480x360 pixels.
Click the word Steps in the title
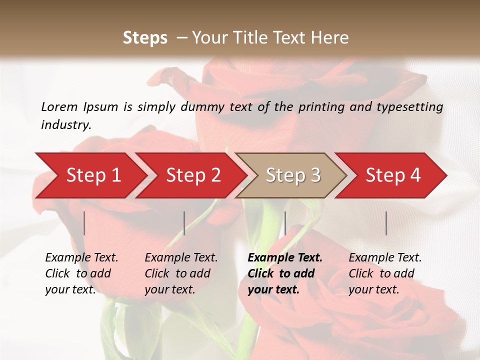pyautogui.click(x=145, y=37)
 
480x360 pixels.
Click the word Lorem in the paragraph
pyautogui.click(x=59, y=106)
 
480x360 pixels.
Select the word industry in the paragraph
pyautogui.click(x=65, y=124)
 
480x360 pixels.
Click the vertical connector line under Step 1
pyautogui.click(x=84, y=223)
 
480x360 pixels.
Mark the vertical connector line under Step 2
pyautogui.click(x=184, y=223)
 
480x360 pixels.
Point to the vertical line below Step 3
pyautogui.click(x=285, y=223)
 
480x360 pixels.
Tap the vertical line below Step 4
pyautogui.click(x=386, y=223)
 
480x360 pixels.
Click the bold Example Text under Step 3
pyautogui.click(x=285, y=258)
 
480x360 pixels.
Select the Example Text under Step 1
pyautogui.click(x=81, y=258)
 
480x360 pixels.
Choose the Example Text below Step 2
pyautogui.click(x=181, y=258)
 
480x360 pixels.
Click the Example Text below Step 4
pyautogui.click(x=385, y=258)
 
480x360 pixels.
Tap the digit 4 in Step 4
pyautogui.click(x=415, y=175)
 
